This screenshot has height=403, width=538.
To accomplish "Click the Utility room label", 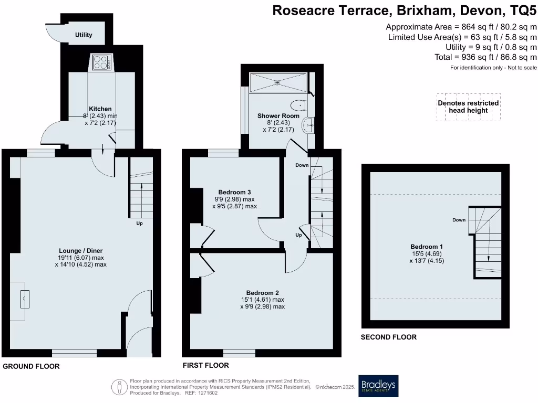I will [84, 35].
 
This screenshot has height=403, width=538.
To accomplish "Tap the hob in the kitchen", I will [102, 63].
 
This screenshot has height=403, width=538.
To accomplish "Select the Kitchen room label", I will [100, 109].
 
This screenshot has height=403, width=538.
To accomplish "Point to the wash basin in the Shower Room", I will [308, 124].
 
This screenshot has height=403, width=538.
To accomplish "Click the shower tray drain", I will [277, 82].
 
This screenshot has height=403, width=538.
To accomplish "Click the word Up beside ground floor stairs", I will [140, 223].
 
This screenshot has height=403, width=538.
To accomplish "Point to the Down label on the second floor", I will [459, 220].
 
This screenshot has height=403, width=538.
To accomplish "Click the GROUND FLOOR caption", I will [31, 366].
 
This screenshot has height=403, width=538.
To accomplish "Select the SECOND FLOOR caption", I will [388, 337].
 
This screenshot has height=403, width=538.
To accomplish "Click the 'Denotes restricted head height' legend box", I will [468, 107].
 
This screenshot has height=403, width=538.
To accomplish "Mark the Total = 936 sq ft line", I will [485, 57].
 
